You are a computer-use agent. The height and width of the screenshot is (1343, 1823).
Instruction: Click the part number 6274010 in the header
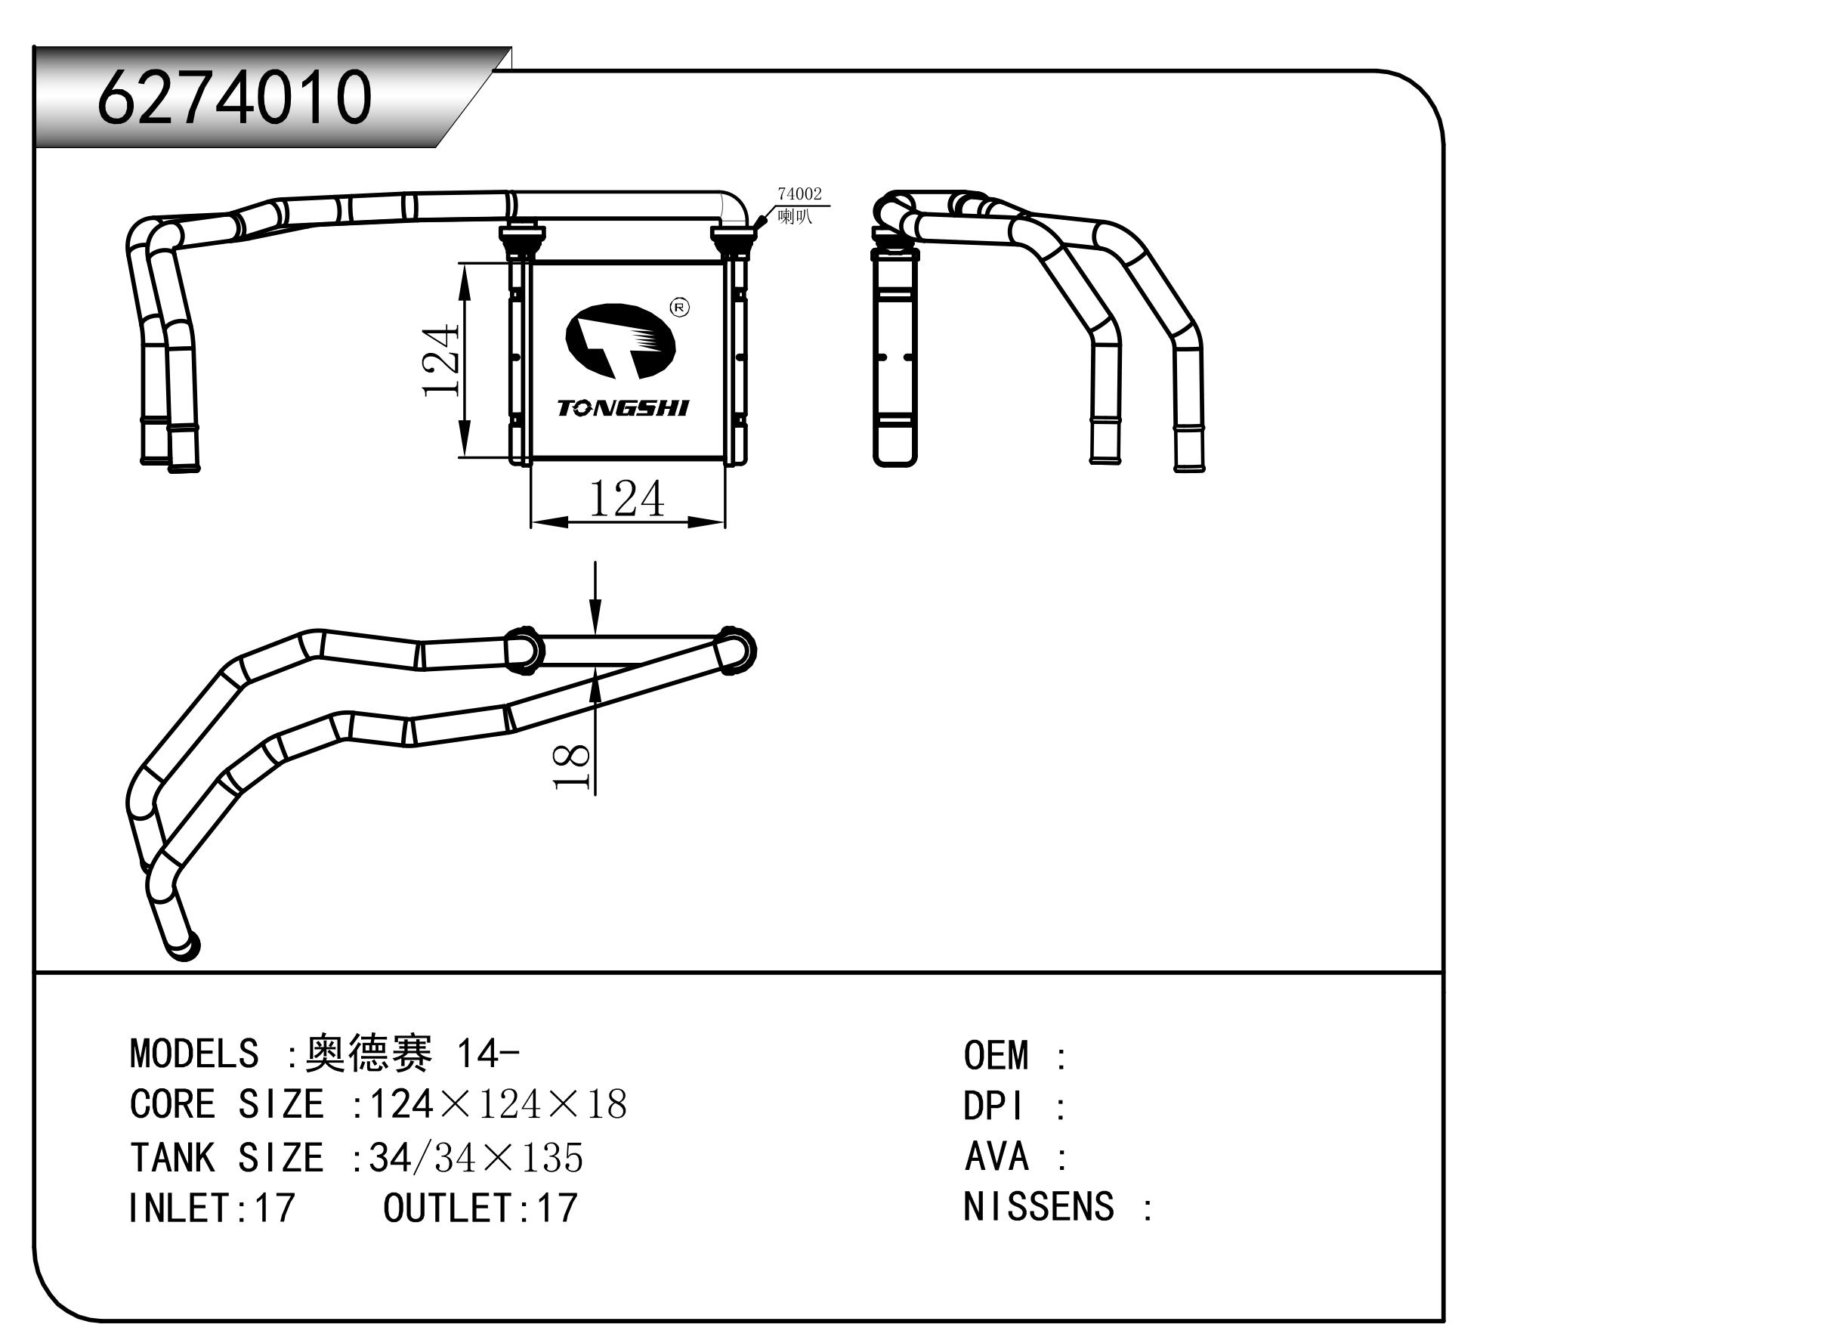coord(234,97)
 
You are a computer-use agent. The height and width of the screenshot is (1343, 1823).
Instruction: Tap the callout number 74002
coord(799,194)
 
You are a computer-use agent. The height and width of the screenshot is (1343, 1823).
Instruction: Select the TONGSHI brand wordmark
coord(623,408)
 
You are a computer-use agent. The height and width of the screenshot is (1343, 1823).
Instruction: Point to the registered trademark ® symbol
coord(679,308)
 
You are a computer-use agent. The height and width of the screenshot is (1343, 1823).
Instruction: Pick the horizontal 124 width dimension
coord(626,499)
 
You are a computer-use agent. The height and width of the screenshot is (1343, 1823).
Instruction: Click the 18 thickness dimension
coord(571,766)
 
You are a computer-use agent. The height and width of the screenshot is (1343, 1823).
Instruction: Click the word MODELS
coord(193,1054)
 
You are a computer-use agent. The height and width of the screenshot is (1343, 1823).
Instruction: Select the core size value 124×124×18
coord(497,1105)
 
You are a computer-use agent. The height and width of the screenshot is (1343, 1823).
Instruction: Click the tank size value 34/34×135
coord(475,1158)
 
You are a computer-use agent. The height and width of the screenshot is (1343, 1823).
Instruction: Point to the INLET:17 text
coord(212,1208)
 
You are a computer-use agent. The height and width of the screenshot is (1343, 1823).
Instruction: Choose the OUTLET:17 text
coord(480,1208)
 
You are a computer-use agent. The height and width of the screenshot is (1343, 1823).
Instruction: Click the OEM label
coord(996,1056)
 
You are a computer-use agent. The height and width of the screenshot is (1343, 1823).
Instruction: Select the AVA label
coord(996,1157)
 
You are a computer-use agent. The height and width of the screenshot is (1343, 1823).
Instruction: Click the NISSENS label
coord(1038,1207)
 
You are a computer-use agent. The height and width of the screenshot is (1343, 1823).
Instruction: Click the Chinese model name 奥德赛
coord(368,1054)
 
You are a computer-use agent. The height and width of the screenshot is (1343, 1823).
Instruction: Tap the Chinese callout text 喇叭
coord(794,217)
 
